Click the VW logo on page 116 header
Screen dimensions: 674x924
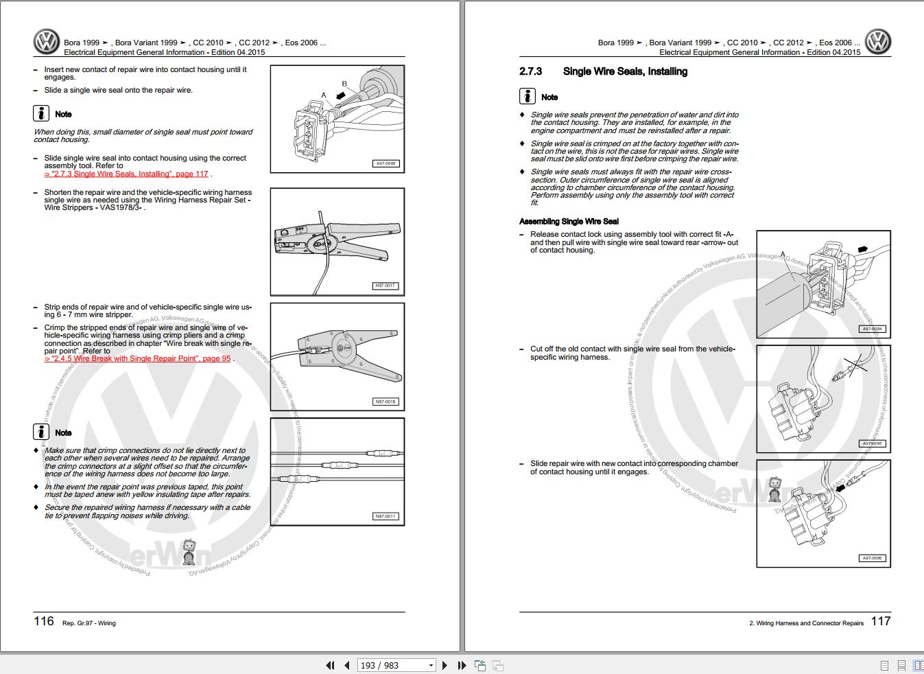click(x=47, y=42)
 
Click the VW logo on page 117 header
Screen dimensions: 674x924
click(x=877, y=42)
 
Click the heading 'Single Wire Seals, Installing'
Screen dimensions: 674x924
click(x=624, y=71)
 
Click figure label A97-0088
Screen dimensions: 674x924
click(x=386, y=164)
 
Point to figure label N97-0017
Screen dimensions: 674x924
click(x=386, y=286)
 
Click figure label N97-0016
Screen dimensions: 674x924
click(x=386, y=402)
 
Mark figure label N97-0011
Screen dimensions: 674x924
click(x=386, y=517)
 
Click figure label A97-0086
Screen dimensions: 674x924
click(x=872, y=559)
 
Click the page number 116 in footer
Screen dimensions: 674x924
click(x=44, y=621)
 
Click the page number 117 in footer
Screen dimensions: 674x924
click(x=881, y=621)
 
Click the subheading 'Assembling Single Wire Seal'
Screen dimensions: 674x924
click(x=569, y=221)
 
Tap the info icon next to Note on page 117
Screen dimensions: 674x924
click(x=527, y=97)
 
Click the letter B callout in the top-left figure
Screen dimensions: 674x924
click(x=344, y=84)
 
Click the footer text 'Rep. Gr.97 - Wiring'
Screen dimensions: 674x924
click(x=88, y=623)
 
